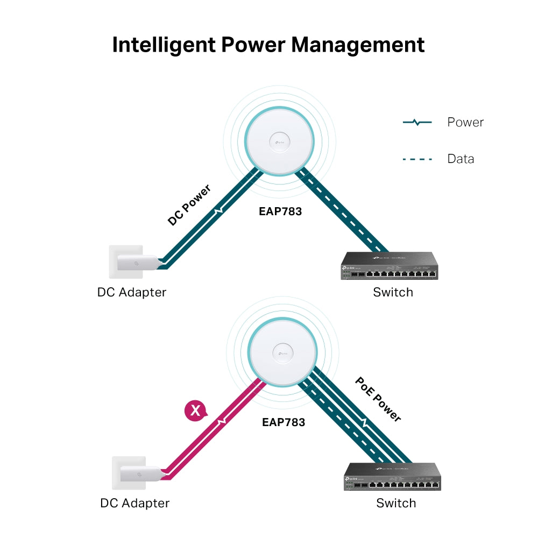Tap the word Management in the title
click(358, 45)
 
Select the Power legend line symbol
click(417, 123)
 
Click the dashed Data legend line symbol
click(417, 159)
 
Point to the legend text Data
click(461, 159)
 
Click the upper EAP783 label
click(280, 211)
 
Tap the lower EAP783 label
click(284, 422)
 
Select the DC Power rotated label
click(189, 205)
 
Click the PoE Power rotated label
click(378, 399)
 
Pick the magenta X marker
click(195, 412)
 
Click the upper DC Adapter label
click(132, 293)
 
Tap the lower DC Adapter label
click(135, 504)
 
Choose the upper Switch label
click(393, 293)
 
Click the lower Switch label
click(396, 504)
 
